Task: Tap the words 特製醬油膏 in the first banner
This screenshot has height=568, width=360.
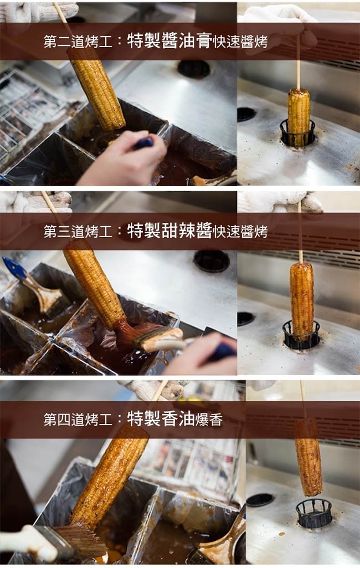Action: point(169,42)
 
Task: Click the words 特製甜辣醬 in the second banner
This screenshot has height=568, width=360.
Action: point(169,231)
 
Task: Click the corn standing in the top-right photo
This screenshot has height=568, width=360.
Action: point(299,117)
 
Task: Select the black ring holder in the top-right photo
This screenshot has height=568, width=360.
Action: point(297,134)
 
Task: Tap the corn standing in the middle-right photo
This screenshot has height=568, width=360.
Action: point(302,300)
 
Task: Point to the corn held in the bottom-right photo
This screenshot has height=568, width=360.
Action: point(308,457)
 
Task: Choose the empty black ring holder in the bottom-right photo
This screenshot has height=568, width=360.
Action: point(314,513)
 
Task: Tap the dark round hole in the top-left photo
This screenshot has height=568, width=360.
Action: point(194,69)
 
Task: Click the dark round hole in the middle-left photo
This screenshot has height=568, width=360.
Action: point(212,260)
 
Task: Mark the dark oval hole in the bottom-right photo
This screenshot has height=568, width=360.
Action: point(260,499)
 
